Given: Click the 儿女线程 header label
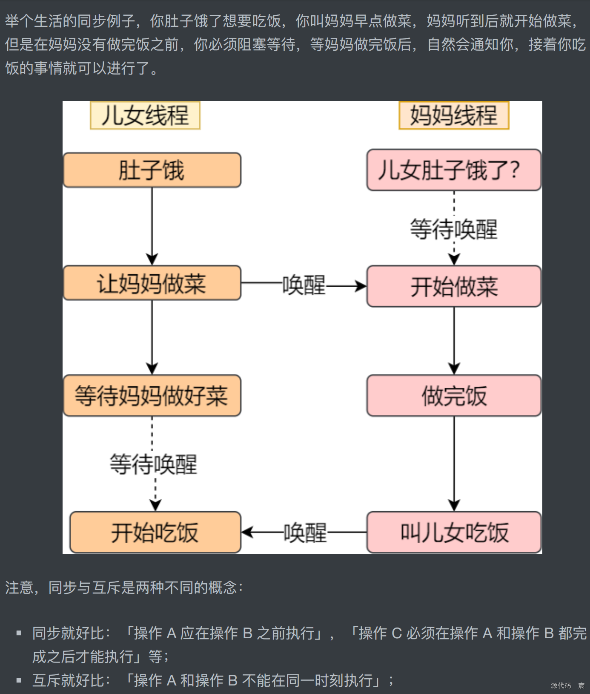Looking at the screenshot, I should (x=145, y=115).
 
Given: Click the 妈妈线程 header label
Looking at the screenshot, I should (x=454, y=115).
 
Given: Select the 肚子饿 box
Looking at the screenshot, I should (x=152, y=170).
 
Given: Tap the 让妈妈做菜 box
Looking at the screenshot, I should (x=152, y=283).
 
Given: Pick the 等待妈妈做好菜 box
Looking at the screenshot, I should (x=152, y=396).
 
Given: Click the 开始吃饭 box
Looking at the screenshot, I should (x=155, y=533).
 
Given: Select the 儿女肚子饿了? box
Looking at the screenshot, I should (x=454, y=170).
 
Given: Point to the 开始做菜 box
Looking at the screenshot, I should (x=454, y=286).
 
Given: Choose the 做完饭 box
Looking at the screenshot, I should (x=454, y=396).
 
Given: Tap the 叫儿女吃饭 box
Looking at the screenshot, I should (x=454, y=533).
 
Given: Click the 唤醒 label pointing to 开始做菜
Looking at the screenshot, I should (x=304, y=285).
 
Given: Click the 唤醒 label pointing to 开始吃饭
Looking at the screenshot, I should (x=305, y=533).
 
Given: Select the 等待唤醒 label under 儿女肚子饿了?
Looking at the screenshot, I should (x=454, y=229).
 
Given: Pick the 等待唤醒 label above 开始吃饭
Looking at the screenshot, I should (x=154, y=464).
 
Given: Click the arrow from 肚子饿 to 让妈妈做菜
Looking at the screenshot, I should (x=152, y=226).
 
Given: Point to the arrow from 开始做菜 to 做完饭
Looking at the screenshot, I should (x=454, y=341).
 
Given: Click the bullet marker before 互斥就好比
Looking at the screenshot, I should (x=19, y=680).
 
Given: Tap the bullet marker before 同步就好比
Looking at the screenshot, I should (x=19, y=633).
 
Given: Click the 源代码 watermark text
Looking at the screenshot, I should (x=561, y=685).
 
